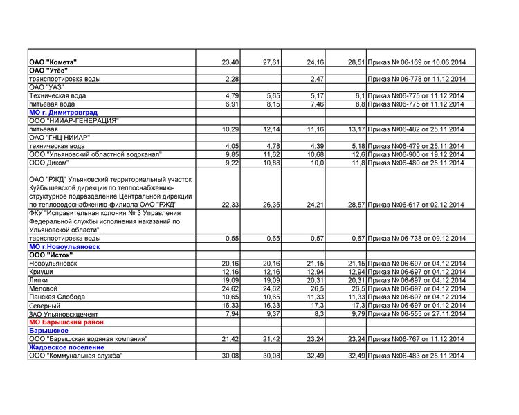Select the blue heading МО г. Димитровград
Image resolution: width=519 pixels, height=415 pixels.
(x=63, y=112)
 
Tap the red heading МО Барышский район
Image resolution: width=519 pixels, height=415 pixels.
(x=67, y=322)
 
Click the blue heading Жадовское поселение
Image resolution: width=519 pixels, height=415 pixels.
(x=66, y=347)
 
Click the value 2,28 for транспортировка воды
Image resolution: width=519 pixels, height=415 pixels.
(x=232, y=79)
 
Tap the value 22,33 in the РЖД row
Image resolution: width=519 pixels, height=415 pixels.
(x=230, y=205)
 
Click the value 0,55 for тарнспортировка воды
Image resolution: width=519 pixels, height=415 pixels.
(x=232, y=239)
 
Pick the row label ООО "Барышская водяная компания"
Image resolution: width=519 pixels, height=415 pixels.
(x=88, y=339)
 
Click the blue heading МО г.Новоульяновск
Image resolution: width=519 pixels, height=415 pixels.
(x=64, y=247)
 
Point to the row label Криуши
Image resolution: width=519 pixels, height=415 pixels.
(x=41, y=272)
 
